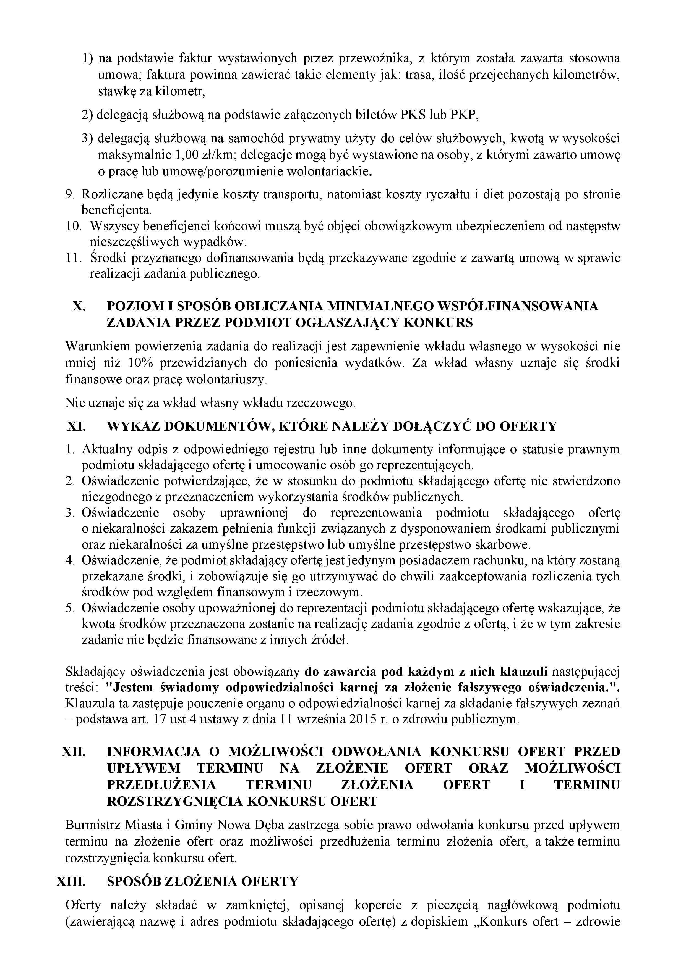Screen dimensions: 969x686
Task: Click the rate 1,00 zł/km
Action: coord(204,155)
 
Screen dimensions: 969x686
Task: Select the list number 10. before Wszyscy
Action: coord(74,227)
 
